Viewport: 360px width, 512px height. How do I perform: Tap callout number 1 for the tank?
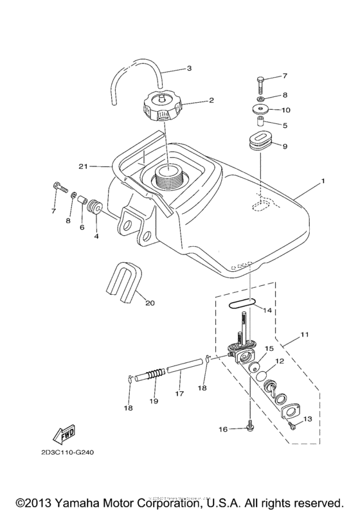point(323,182)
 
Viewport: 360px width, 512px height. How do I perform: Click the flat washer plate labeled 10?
point(259,109)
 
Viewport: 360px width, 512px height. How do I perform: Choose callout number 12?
point(280,362)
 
